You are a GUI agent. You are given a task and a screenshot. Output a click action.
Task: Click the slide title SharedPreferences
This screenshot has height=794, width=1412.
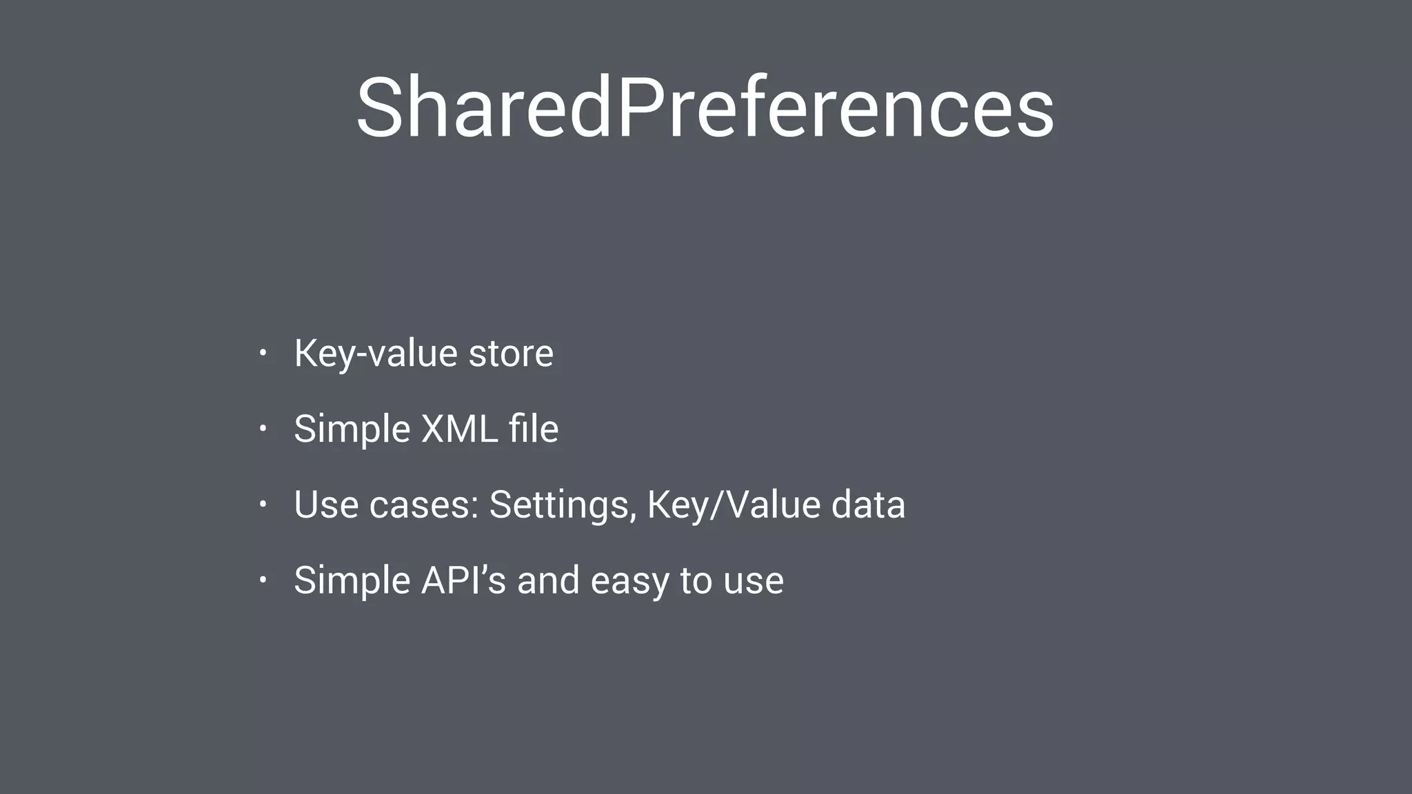tap(705, 109)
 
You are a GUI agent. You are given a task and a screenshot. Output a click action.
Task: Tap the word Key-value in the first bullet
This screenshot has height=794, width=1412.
tap(375, 354)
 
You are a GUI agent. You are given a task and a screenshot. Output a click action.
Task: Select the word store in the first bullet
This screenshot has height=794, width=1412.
tap(510, 354)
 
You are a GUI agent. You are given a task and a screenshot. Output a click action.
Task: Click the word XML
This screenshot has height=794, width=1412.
tap(459, 429)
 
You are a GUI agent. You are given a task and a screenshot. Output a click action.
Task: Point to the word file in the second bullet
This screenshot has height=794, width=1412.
tap(533, 429)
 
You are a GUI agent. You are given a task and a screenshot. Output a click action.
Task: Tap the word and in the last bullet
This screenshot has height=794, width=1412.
tap(548, 580)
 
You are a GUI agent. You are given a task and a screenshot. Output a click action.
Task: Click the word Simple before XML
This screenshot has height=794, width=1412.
tap(352, 429)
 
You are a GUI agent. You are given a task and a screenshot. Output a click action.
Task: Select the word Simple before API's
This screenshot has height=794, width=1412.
tap(352, 580)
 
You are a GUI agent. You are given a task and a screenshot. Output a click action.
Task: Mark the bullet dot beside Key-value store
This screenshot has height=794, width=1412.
tap(263, 354)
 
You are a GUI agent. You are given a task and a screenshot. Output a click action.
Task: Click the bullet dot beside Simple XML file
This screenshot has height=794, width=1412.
tap(263, 429)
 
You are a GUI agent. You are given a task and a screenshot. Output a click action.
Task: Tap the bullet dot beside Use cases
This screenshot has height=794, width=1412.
tap(263, 505)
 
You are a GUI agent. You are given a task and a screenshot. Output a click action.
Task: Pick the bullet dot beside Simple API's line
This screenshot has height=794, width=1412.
tap(263, 580)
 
